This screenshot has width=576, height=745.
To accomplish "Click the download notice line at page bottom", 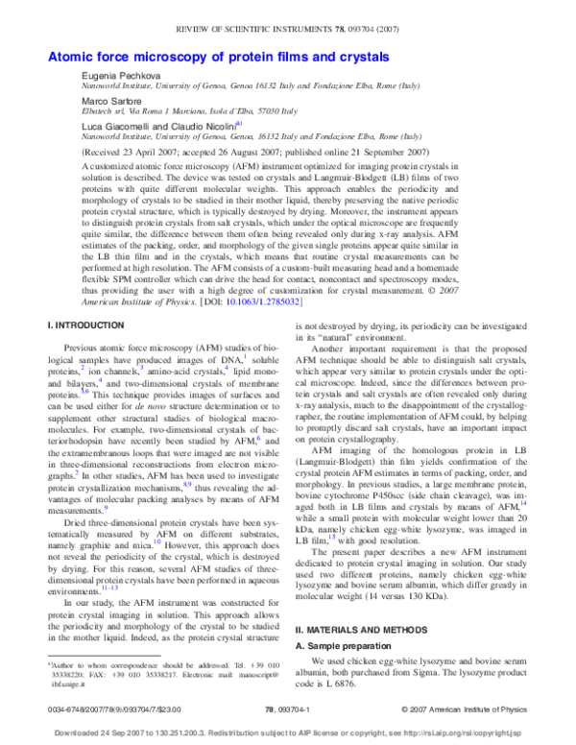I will [287, 733].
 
